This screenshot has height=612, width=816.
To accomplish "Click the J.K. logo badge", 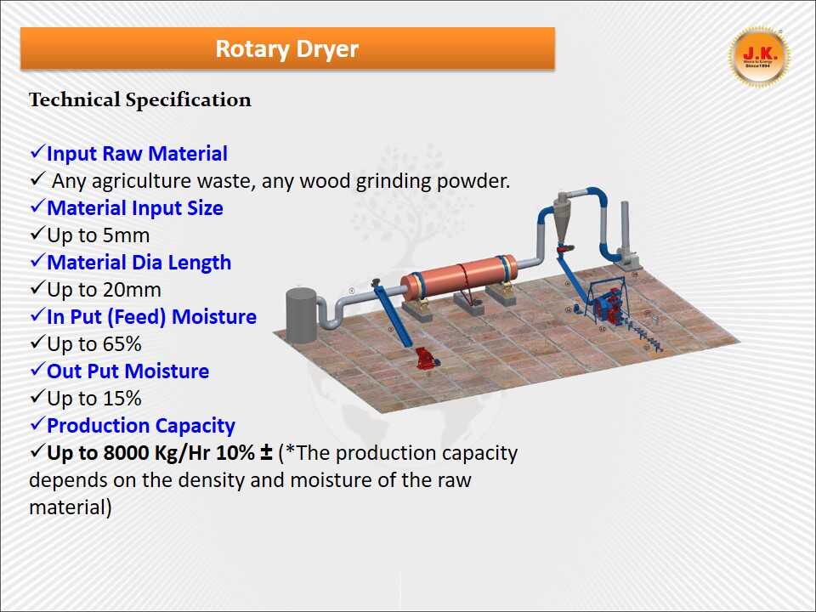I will point(759,57).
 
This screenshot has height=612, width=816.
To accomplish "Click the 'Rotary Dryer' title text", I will point(286,48).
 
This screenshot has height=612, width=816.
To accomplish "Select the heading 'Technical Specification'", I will point(140,100).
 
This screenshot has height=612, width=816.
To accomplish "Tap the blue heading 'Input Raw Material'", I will point(137,154).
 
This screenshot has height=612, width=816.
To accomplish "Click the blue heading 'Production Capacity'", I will point(140,426).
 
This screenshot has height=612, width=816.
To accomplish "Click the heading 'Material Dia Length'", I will point(139,263).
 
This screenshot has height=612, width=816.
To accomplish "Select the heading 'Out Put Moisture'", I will point(127,371).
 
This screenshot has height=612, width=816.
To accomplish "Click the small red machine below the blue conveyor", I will point(422,358).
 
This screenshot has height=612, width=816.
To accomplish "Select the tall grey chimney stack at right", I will point(626,225).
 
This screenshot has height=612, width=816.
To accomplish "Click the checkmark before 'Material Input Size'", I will point(37,208).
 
